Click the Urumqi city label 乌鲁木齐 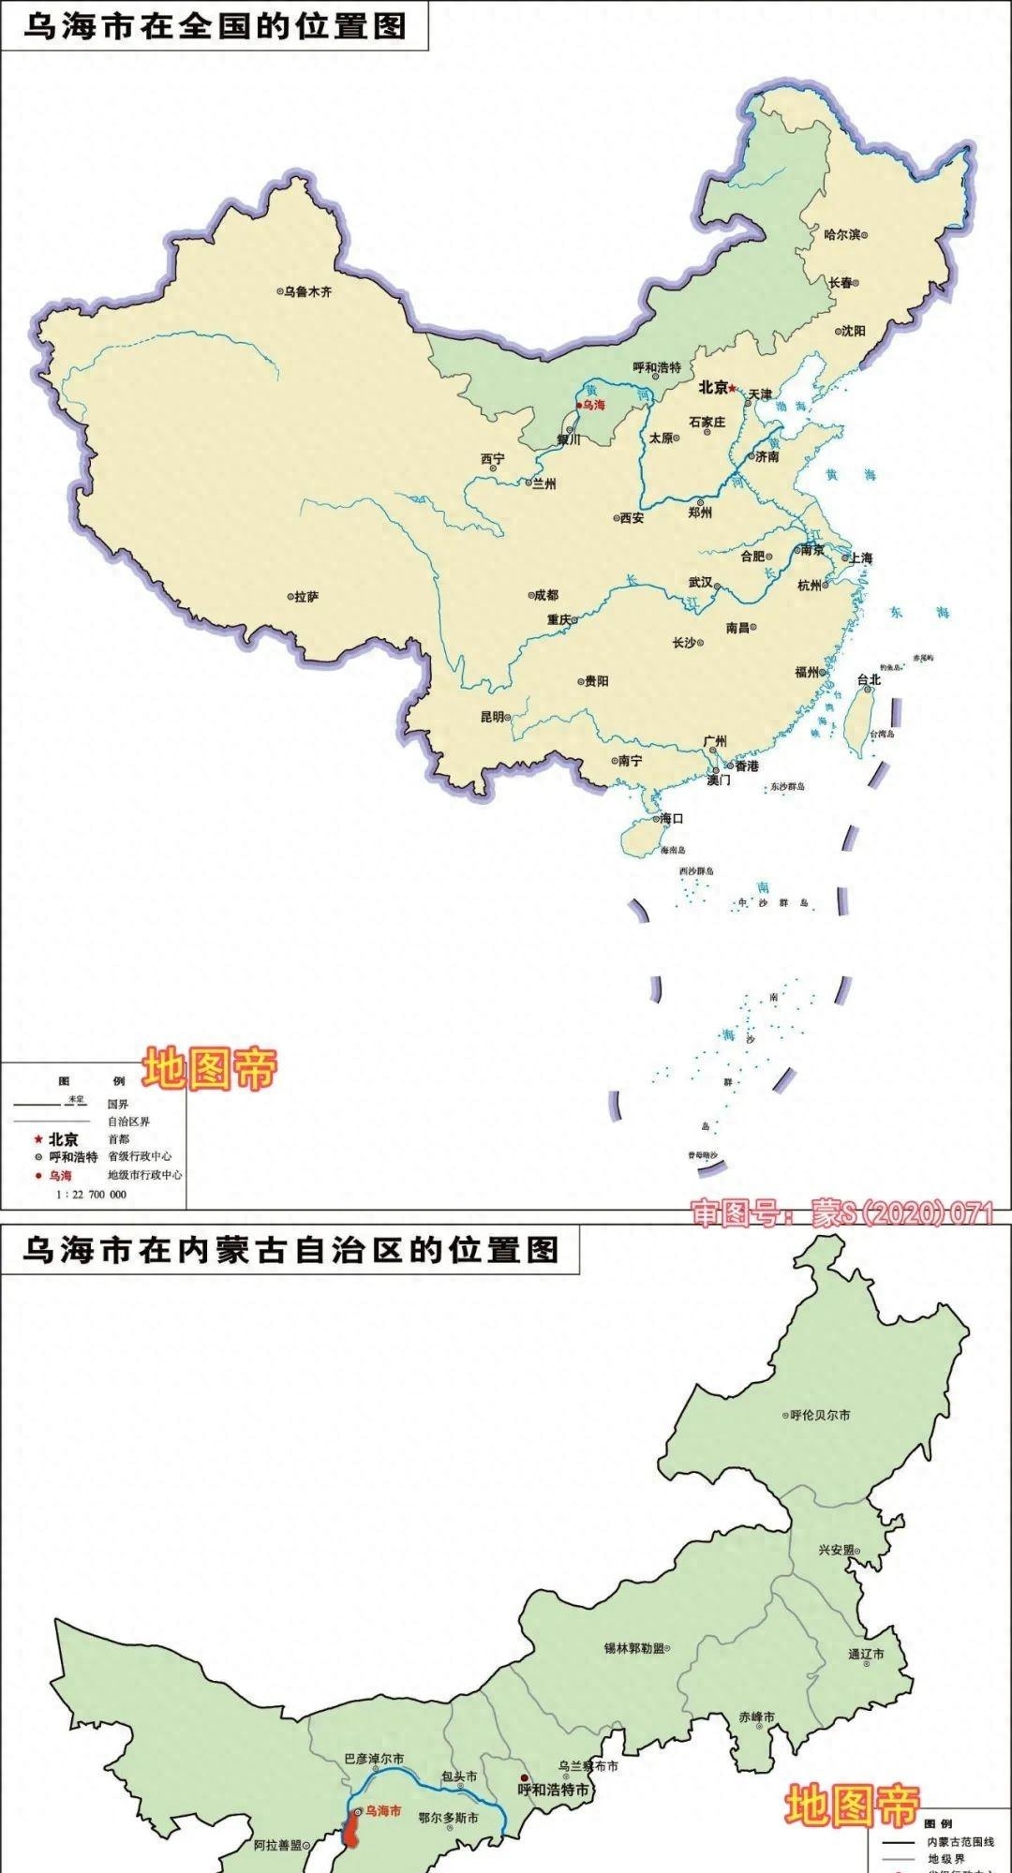tap(308, 291)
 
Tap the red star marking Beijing tap(734, 387)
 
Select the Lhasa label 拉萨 tap(306, 596)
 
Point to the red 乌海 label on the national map tap(594, 406)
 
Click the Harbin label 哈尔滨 tap(841, 234)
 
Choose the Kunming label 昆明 tap(492, 717)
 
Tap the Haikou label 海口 tap(671, 818)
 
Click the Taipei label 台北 tap(869, 679)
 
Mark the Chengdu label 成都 tap(545, 595)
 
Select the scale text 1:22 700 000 tap(91, 1195)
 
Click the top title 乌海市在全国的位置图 tap(215, 25)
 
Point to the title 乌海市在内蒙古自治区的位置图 tap(290, 1250)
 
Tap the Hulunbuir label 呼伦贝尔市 tap(821, 1415)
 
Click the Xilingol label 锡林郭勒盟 tap(634, 1647)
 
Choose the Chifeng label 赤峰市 tap(757, 1717)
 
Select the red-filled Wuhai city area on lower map tap(354, 1828)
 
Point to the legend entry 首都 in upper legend tap(119, 1139)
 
